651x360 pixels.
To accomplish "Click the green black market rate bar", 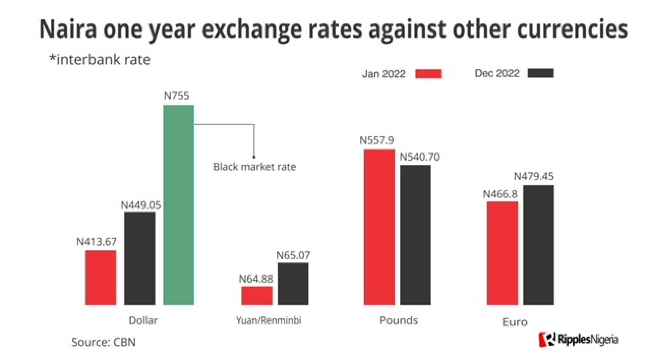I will pos(178,205).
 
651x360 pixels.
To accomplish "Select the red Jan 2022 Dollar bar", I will pos(101,278).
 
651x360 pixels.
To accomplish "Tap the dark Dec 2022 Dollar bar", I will pos(140,258).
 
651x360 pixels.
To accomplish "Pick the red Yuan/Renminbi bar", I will pos(257,296).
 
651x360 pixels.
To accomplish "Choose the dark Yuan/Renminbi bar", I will pos(293,284).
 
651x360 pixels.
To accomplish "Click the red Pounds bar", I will pos(379,227).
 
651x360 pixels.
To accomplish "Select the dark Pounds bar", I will pos(415,235).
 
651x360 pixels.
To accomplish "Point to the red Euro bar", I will pos(502,253).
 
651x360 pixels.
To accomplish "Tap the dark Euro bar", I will pos(538,245).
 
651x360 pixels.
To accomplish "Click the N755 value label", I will pos(176,96).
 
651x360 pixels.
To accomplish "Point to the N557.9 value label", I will pos(377,140).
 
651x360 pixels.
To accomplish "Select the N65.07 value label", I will pos(293,255).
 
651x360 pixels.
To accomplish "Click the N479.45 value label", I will pos(533,176).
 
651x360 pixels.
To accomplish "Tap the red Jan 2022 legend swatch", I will pos(429,74).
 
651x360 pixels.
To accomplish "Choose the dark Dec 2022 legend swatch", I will pos(540,74).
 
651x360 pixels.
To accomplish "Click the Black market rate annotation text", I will pos(254,167).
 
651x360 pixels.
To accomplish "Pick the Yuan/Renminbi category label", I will pos(269,320).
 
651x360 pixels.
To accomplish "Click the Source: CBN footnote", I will pos(103,342).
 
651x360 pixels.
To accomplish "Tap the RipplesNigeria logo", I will pos(578,339).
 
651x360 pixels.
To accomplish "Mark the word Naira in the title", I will pos(68,29).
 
